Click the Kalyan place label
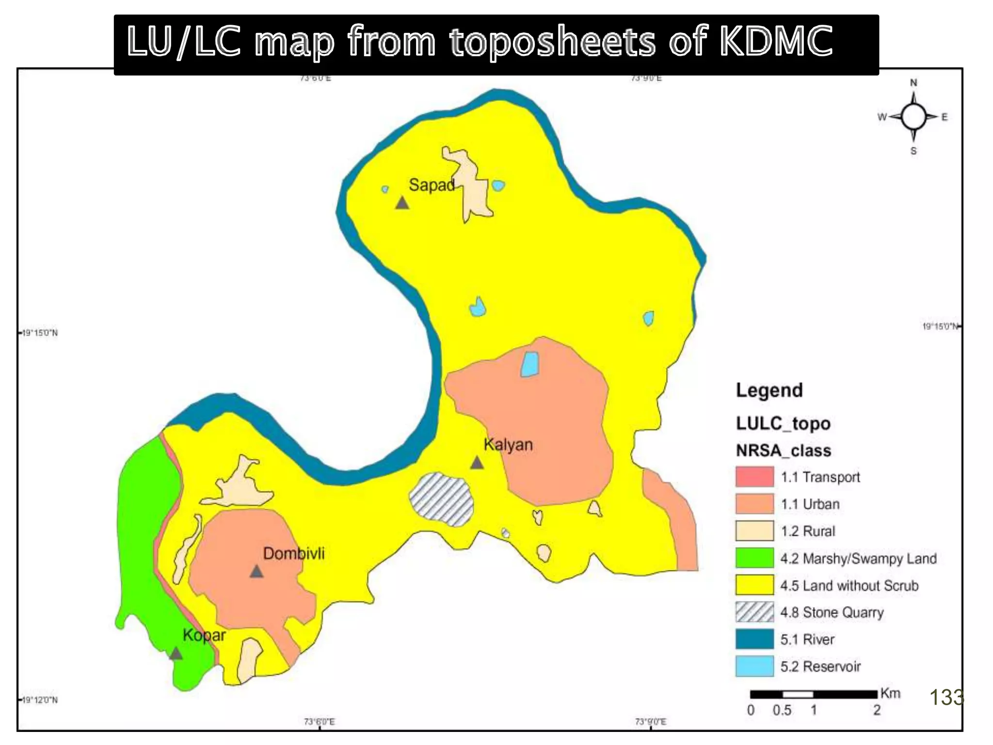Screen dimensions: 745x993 [508, 444]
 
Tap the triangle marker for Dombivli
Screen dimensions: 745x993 [256, 571]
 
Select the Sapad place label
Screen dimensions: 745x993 [432, 185]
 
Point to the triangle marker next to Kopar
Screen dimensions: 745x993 [176, 653]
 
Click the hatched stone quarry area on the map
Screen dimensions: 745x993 [441, 499]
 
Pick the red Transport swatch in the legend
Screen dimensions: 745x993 [754, 477]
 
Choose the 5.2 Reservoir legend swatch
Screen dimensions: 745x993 [754, 666]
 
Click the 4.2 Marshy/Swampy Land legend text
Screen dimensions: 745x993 [858, 558]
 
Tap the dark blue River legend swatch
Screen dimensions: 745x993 [754, 639]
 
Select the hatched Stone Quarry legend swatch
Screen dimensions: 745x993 [754, 612]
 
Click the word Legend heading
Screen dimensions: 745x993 [769, 390]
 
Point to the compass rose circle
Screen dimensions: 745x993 [913, 117]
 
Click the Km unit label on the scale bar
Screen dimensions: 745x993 [890, 694]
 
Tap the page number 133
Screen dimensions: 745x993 [946, 698]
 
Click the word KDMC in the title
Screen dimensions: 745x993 [776, 41]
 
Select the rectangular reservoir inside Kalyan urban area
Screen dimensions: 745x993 [529, 364]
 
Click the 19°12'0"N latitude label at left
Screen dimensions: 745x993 [40, 700]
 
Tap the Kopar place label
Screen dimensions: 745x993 [204, 635]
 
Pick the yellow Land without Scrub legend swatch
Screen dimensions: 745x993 [754, 585]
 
